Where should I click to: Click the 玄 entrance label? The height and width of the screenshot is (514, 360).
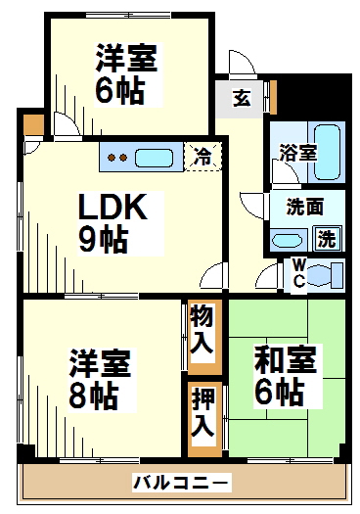pos(242,97)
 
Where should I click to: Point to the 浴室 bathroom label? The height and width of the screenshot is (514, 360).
pos(297,153)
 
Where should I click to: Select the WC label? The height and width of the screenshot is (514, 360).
pos(299,273)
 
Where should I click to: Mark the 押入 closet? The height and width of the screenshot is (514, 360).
pos(202,415)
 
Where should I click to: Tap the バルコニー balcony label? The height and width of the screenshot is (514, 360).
pos(181,482)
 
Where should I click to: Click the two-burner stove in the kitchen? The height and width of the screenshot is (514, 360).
pos(117,157)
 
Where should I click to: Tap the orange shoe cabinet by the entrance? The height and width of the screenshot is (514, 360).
pos(273,96)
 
